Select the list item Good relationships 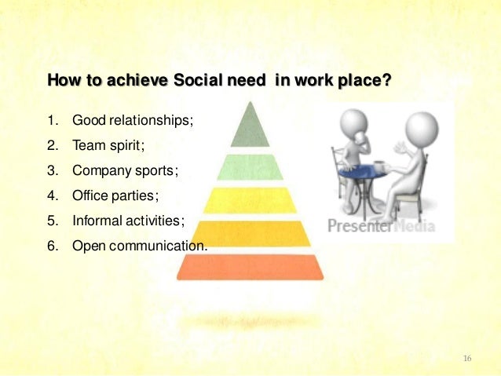coord(132,122)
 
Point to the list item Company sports coord(126,170)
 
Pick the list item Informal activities coord(128,221)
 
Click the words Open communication coord(140,246)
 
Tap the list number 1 coord(53,122)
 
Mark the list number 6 coord(53,246)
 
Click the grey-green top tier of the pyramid coord(250,128)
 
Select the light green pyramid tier coord(250,166)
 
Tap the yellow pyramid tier coord(250,199)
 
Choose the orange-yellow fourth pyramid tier coord(250,232)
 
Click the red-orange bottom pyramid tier coord(250,267)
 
